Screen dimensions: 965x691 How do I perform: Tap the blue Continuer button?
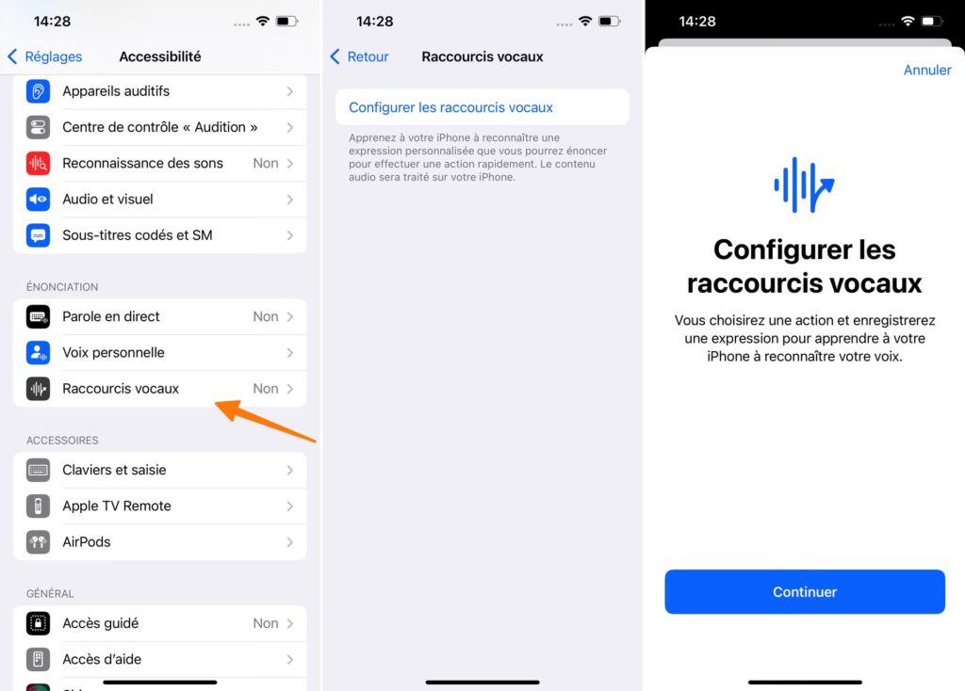[805, 591]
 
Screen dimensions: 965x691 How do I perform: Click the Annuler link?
[927, 70]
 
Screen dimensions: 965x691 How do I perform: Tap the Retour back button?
[359, 56]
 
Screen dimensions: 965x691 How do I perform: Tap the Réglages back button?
[44, 56]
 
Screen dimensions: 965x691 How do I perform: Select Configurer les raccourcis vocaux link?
[450, 107]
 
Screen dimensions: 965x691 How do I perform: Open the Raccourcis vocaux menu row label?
[121, 389]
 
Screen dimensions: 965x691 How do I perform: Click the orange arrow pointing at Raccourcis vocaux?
[265, 421]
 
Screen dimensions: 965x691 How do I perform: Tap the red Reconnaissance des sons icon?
[38, 163]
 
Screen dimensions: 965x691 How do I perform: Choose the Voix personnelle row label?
[113, 353]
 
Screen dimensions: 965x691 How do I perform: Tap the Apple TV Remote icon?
[38, 506]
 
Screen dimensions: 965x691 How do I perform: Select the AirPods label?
[86, 542]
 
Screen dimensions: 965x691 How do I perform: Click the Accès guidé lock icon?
[38, 623]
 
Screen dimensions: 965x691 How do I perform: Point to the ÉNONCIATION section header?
[62, 287]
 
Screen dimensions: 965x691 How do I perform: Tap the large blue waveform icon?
[804, 185]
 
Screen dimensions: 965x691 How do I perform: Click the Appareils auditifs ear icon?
[38, 91]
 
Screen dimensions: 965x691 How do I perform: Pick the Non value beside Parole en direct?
[265, 316]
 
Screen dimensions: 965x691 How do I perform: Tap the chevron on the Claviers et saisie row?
[290, 471]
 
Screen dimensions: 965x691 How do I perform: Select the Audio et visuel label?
[107, 200]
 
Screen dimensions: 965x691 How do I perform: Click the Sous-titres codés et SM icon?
[38, 235]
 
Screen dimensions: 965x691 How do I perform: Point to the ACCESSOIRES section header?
[62, 441]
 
